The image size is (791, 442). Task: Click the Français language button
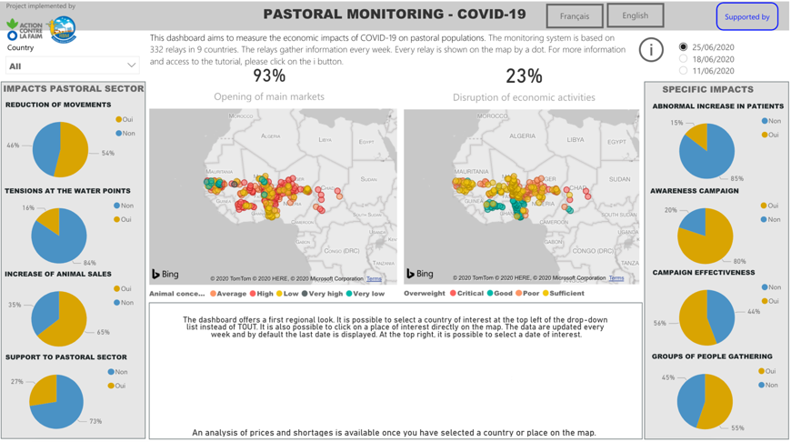574,16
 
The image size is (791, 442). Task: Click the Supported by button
746,16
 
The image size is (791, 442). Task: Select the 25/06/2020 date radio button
684,47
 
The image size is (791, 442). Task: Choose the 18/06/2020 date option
684,59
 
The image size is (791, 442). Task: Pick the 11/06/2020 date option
684,71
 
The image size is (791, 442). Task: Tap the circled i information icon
651,51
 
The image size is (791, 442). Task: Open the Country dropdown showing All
72,65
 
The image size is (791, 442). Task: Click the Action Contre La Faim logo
24,29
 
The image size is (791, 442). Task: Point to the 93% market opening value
269,76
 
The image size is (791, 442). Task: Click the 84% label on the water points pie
90,263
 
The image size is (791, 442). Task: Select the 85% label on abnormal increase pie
736,178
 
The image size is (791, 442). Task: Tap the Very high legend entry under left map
325,294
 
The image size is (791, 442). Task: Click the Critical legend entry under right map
466,294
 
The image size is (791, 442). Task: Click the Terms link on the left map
374,278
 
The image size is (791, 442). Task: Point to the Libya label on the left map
325,140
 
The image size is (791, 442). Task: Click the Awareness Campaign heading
695,191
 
